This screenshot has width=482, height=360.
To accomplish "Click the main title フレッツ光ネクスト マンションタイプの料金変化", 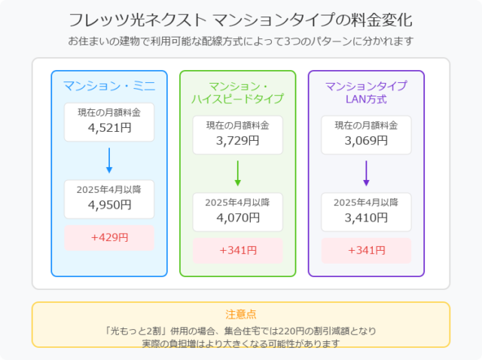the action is tap(240, 20).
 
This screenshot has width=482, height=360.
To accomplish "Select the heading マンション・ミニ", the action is tap(109, 86).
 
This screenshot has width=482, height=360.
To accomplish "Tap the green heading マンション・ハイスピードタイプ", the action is tap(238, 92).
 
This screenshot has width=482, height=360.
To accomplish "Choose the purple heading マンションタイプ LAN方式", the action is tap(366, 92).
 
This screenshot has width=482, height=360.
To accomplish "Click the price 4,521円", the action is tap(109, 127).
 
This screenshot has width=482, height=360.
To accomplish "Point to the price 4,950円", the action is tap(109, 205).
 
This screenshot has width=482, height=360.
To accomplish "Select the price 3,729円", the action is tap(238, 141).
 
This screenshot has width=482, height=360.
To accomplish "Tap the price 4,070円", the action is tap(238, 218).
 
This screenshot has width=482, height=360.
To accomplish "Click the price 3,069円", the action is tap(366, 141).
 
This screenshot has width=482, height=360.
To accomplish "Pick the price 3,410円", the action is tap(366, 218).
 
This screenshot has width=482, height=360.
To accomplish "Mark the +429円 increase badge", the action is tap(109, 238).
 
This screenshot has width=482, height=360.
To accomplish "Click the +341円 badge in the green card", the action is tap(238, 251).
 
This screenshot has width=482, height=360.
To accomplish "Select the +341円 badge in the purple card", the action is tap(366, 251).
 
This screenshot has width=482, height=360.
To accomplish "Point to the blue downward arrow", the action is tap(109, 160).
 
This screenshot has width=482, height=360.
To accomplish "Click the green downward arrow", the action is tap(238, 173).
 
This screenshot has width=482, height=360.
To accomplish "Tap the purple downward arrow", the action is tap(366, 173).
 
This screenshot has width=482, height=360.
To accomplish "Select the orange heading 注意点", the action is tap(241, 315).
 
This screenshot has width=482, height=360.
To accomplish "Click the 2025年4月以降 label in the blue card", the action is tap(108, 189).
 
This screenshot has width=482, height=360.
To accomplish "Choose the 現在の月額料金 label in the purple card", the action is tap(366, 125).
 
